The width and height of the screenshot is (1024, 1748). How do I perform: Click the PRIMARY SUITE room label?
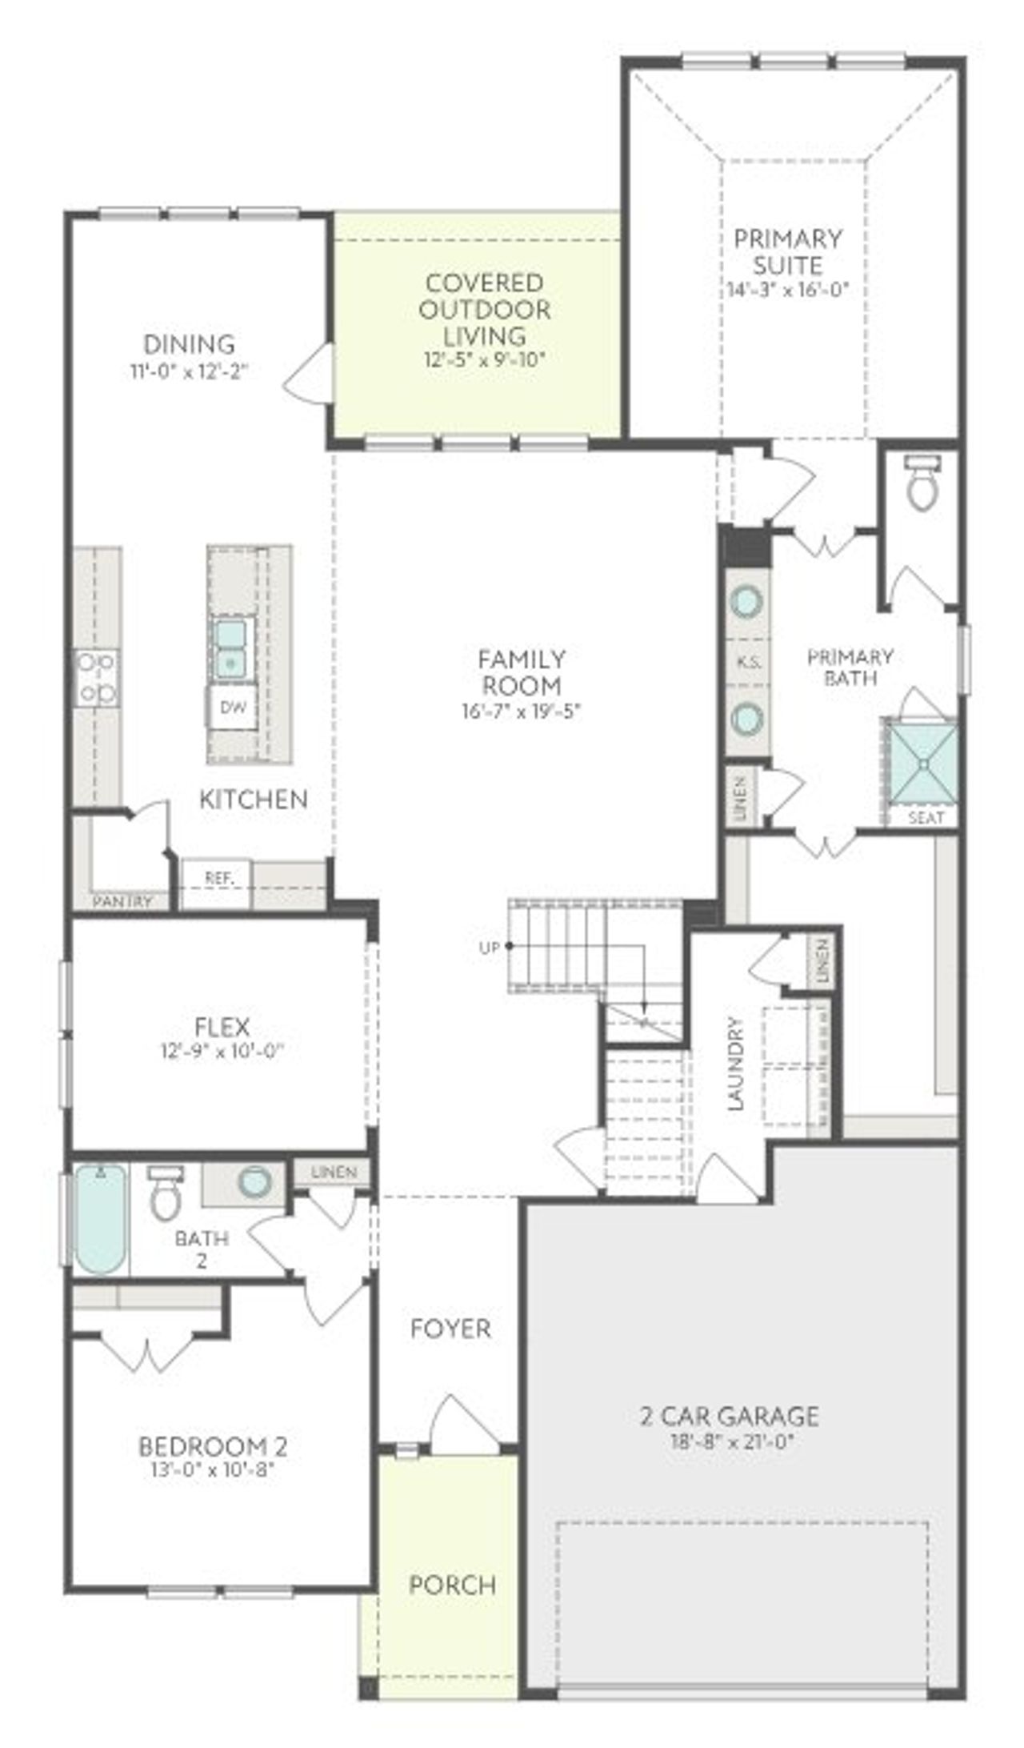788,252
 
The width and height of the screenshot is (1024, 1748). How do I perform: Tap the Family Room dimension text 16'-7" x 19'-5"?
521,711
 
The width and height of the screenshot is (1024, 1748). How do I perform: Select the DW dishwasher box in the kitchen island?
232,707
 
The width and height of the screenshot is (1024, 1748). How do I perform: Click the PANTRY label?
122,902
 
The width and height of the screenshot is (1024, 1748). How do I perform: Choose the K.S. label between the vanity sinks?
749,663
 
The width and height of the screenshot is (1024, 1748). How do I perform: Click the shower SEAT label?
926,818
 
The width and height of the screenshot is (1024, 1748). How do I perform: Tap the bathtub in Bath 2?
101,1219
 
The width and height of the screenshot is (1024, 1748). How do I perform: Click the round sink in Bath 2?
254,1182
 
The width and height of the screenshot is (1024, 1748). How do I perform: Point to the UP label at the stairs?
489,948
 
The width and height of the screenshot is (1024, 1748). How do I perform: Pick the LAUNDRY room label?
736,1064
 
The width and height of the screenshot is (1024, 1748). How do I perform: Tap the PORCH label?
452,1585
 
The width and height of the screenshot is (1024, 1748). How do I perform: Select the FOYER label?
450,1329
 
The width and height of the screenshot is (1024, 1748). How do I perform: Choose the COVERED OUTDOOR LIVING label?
485,309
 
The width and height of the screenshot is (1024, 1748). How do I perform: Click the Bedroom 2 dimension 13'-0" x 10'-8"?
213,1469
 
